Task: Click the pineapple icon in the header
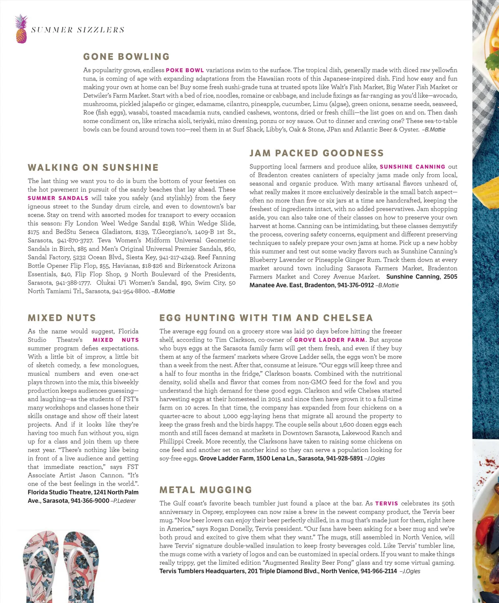point(21,29)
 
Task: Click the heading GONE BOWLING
point(126,57)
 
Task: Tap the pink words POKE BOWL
point(185,70)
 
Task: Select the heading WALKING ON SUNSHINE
point(93,168)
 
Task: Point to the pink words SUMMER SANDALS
point(58,198)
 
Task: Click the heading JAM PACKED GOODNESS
point(316,153)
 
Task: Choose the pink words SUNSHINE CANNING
point(412,167)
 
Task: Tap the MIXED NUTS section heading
point(62,318)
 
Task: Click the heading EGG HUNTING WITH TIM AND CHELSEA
point(266,318)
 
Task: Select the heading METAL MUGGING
point(206,490)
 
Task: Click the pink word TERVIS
point(386,504)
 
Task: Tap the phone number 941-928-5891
point(344,458)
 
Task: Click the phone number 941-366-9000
point(90,501)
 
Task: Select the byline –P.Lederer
point(124,501)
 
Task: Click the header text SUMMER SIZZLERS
point(78,30)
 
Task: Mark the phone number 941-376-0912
point(356,285)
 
